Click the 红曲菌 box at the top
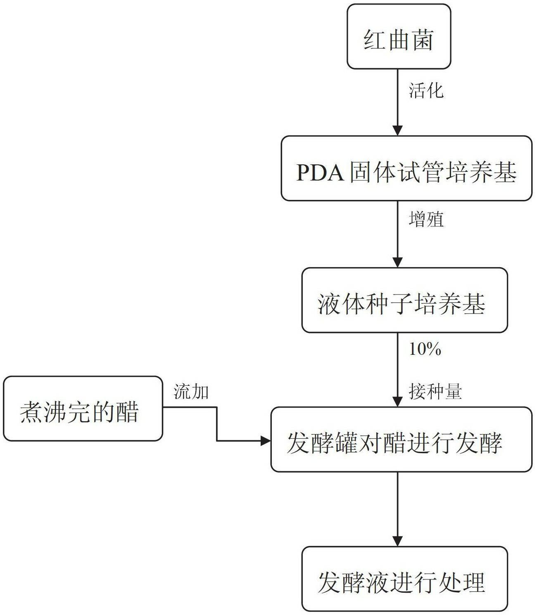(398, 37)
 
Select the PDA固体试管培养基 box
(406, 169)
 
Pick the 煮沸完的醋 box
(83, 408)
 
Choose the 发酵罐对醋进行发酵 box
(401, 439)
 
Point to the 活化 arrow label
(426, 90)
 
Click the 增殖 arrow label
(426, 219)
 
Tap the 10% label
(425, 350)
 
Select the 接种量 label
(435, 391)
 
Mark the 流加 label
(191, 392)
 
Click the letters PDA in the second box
(321, 173)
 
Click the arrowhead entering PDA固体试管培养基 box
(397, 131)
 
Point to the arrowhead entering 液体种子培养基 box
(397, 262)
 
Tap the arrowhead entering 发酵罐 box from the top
(397, 401)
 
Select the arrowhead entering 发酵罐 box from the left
(265, 441)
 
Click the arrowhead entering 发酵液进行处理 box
(397, 541)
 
